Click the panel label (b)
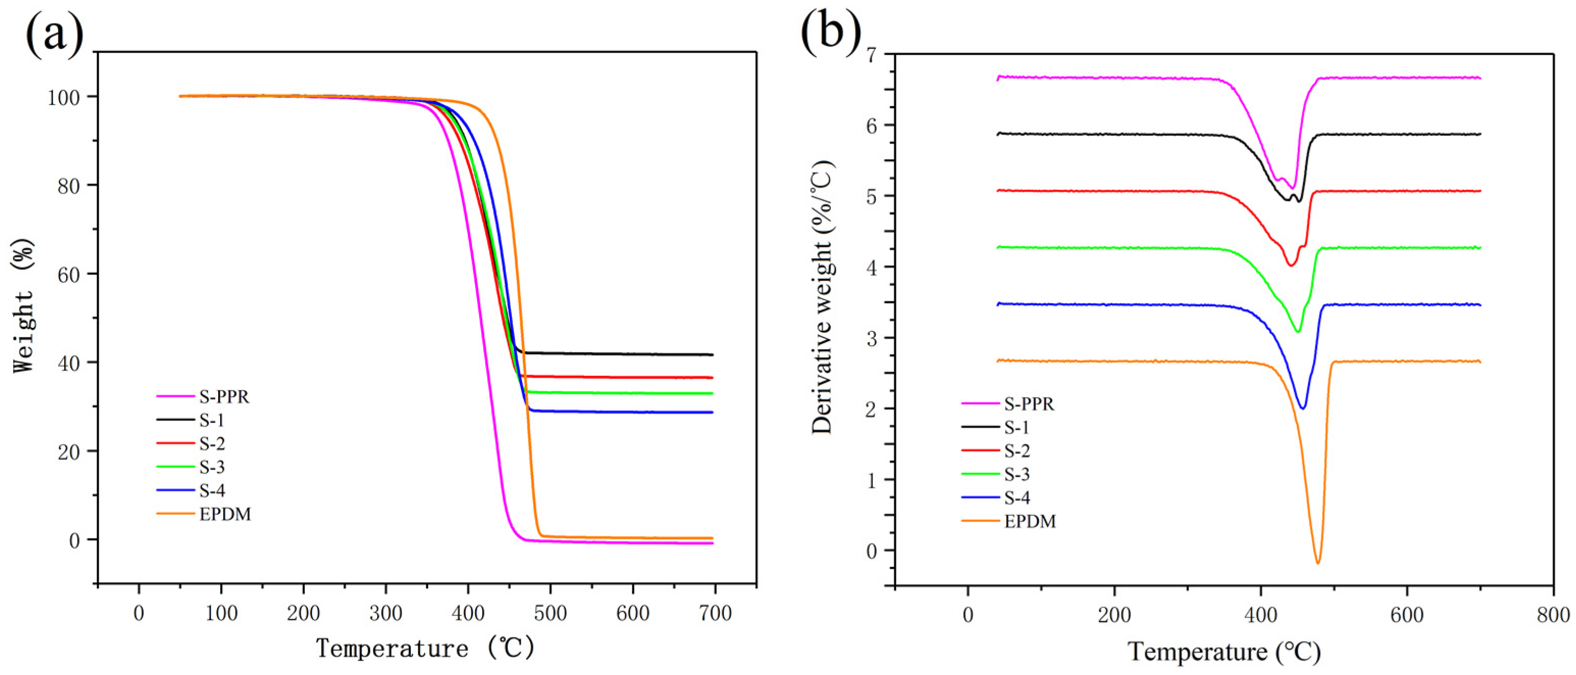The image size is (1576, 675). (831, 31)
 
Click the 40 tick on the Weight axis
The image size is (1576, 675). (68, 363)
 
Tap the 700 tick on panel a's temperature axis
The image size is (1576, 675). (715, 613)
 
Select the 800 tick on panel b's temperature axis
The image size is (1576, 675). (1553, 615)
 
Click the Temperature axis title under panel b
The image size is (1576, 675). (1224, 652)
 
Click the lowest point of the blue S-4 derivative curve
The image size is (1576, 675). (1302, 408)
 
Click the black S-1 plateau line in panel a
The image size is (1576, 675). (612, 354)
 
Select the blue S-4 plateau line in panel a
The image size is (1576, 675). (612, 412)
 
